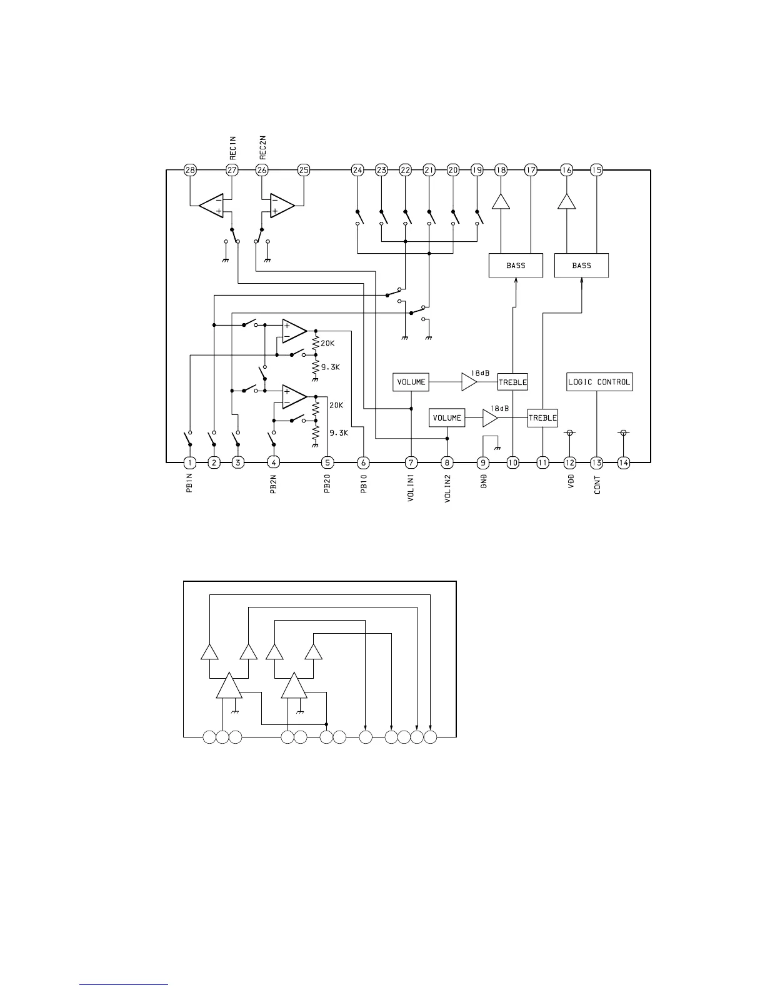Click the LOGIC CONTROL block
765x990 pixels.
(599, 382)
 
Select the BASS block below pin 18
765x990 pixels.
(516, 266)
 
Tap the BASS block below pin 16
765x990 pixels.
(581, 266)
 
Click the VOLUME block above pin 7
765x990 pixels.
(411, 382)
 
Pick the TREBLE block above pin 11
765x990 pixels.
(542, 418)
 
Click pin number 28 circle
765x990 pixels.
(190, 170)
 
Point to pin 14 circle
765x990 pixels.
(623, 462)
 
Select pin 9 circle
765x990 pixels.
(482, 462)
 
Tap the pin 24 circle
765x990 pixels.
(357, 170)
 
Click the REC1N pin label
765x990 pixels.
(232, 149)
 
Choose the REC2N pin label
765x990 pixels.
(262, 149)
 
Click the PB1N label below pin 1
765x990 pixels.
(189, 483)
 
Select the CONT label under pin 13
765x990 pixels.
(597, 484)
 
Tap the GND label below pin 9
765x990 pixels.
(483, 481)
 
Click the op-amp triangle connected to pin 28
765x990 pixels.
(212, 206)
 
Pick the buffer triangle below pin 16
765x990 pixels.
(566, 201)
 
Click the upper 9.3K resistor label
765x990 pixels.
(331, 367)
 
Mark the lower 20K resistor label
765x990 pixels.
(336, 405)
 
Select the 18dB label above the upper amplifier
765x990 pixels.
(481, 372)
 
